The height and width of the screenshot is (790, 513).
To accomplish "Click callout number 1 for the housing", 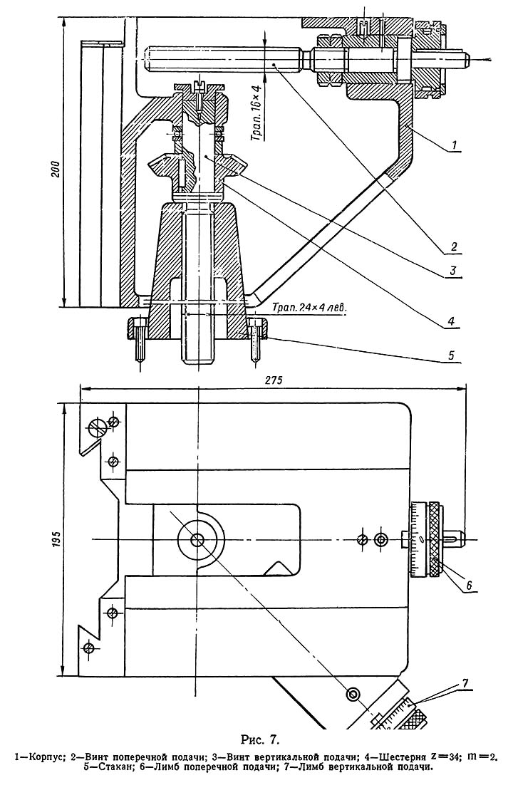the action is [x=454, y=146].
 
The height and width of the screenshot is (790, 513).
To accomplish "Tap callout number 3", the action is [x=453, y=271].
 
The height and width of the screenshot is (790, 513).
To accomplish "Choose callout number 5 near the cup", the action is [x=452, y=355].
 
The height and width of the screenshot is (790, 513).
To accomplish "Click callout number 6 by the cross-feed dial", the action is [x=468, y=585].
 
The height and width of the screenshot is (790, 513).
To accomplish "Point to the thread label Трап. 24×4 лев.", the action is [x=309, y=306].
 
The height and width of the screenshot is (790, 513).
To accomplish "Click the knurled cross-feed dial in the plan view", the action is [x=434, y=539].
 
